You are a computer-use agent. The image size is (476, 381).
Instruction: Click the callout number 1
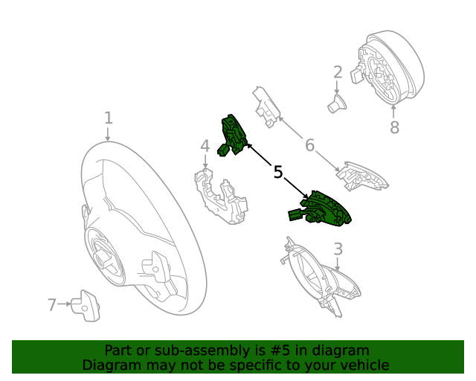pos(109,118)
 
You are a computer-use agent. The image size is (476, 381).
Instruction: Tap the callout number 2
pos(338,72)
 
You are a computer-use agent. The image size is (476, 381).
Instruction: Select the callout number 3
pos(338,249)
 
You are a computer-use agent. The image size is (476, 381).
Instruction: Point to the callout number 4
pos(205,147)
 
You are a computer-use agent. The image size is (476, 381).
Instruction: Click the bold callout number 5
pos(278,173)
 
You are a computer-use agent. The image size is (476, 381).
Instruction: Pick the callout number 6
pos(309,145)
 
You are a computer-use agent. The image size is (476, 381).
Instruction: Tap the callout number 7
pos(52,304)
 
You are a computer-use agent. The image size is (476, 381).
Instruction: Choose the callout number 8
pos(394,128)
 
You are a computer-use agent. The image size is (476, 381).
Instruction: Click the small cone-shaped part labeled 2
pos(337,104)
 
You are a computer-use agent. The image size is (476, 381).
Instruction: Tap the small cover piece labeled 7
pos(85,304)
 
